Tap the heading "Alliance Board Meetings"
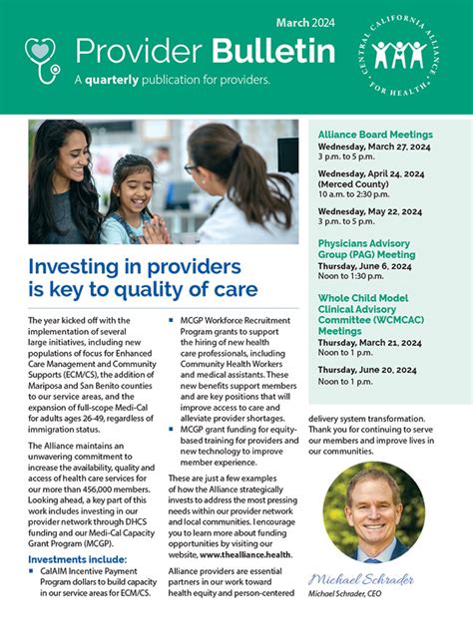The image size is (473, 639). click(374, 134)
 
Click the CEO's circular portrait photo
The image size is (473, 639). click(373, 512)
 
